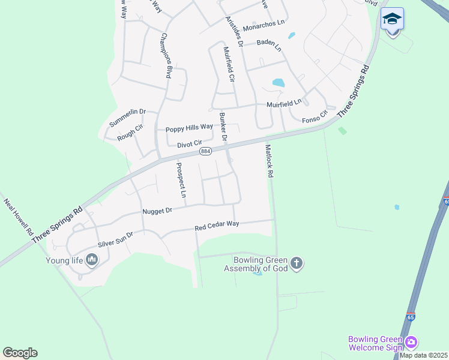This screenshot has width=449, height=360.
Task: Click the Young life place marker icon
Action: (92, 260)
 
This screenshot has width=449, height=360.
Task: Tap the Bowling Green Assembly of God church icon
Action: (297, 263)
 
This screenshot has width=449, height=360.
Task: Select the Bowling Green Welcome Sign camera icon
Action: (411, 343)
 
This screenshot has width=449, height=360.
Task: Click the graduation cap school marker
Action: (392, 19)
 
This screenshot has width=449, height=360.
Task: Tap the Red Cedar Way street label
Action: (217, 226)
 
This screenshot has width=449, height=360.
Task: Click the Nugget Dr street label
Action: (157, 211)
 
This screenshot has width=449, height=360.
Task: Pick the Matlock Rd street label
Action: (270, 160)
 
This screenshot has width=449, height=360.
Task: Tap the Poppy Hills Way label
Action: (189, 127)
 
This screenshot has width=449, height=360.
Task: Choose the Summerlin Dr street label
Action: (127, 116)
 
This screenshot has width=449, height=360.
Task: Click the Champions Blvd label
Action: (166, 55)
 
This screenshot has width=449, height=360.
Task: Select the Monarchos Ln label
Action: (263, 23)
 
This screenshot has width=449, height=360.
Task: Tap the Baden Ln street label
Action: (269, 44)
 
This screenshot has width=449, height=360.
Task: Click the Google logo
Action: (20, 353)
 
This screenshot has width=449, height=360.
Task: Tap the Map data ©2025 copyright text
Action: (423, 355)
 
